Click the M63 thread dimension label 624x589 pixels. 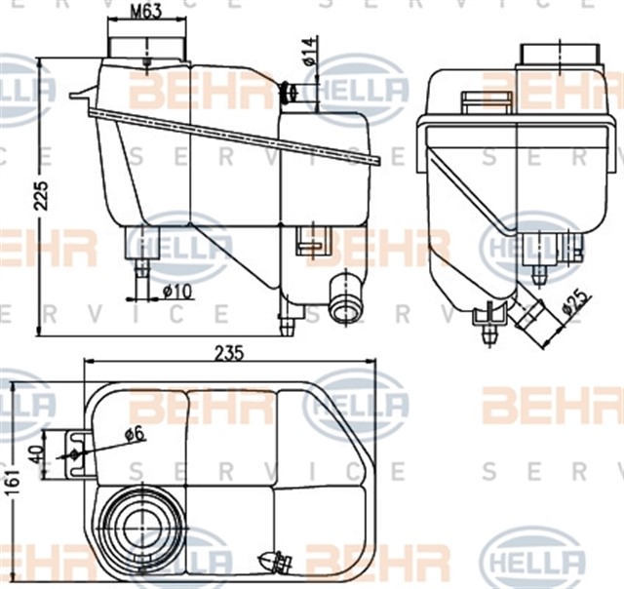(x=145, y=14)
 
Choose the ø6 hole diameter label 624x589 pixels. (x=134, y=434)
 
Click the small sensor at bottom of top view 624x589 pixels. (x=274, y=563)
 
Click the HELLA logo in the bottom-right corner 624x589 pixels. (x=533, y=563)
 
